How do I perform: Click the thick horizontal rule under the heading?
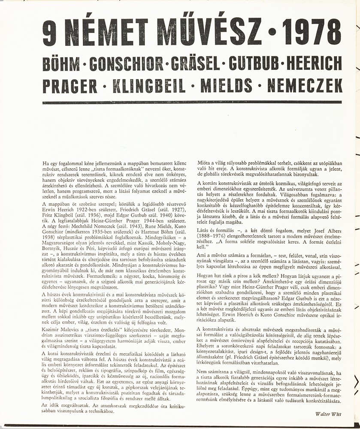[x=192, y=103]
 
